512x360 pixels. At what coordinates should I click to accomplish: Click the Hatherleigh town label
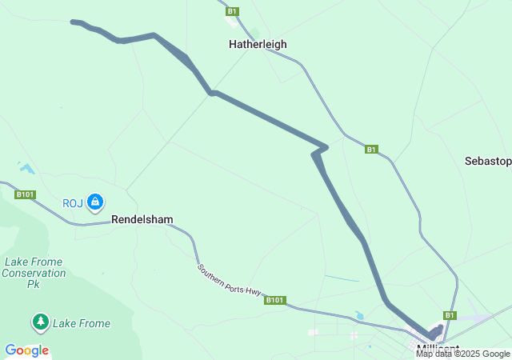(258, 45)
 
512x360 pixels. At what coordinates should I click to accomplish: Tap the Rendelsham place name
(142, 218)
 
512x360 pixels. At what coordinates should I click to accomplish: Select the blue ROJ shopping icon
(95, 202)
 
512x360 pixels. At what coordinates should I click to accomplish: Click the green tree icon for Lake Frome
(40, 322)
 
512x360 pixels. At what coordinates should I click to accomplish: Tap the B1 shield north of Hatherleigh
(232, 11)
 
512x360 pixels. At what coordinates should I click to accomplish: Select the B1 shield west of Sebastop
(371, 150)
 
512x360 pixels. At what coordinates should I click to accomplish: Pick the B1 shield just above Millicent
(450, 315)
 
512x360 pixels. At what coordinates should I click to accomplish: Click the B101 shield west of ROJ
(25, 194)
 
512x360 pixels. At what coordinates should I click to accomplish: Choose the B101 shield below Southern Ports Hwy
(275, 300)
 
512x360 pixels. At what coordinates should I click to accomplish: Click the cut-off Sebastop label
(487, 161)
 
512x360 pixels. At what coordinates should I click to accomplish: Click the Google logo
(26, 350)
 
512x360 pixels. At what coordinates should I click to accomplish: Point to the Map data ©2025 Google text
(462, 353)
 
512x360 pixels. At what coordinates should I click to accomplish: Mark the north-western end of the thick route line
(74, 22)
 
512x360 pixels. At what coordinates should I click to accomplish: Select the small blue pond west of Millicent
(359, 316)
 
